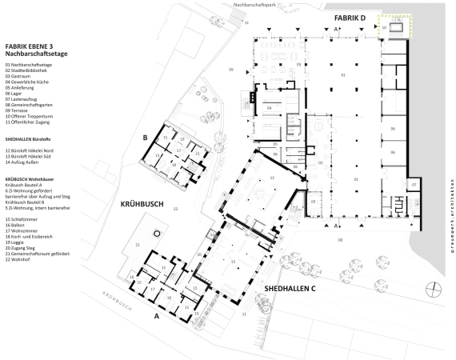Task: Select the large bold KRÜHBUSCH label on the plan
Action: point(142,204)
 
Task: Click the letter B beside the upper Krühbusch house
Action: point(146,137)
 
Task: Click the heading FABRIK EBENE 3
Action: point(30,46)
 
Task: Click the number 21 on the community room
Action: point(138,244)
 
